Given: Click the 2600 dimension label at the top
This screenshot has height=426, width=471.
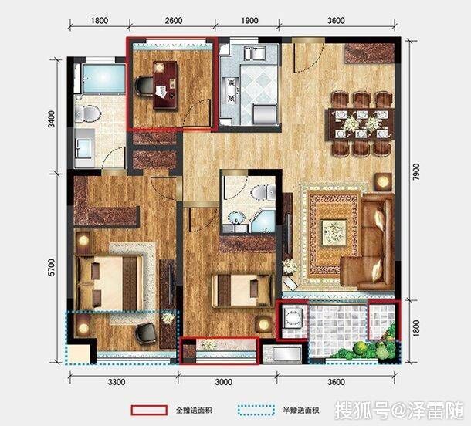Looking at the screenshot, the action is pyautogui.click(x=174, y=21).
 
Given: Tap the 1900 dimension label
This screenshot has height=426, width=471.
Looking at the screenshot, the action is pyautogui.click(x=249, y=21).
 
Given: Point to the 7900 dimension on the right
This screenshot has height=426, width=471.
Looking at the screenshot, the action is pyautogui.click(x=416, y=172).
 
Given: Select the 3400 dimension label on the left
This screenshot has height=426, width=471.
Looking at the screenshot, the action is pyautogui.click(x=52, y=119).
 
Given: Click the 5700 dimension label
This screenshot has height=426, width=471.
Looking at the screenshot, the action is pyautogui.click(x=52, y=267).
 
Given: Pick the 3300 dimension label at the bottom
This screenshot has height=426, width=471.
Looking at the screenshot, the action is pyautogui.click(x=117, y=382).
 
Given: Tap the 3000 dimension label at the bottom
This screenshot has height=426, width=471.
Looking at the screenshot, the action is pyautogui.click(x=224, y=382).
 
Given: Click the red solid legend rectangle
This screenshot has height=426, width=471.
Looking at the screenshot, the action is pyautogui.click(x=149, y=410).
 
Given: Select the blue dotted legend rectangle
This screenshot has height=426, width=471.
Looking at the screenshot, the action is pyautogui.click(x=256, y=410).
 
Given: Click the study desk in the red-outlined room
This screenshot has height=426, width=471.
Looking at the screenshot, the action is pyautogui.click(x=164, y=85).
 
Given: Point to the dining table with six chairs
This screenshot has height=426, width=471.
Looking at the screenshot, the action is pyautogui.click(x=360, y=123).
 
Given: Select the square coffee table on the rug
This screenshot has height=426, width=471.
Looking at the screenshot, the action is pyautogui.click(x=334, y=232).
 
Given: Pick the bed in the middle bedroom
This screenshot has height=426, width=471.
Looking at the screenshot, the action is pyautogui.click(x=242, y=290).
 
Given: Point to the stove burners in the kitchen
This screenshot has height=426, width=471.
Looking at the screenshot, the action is pyautogui.click(x=231, y=90).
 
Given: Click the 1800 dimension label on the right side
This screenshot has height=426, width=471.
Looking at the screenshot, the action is pyautogui.click(x=416, y=328).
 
